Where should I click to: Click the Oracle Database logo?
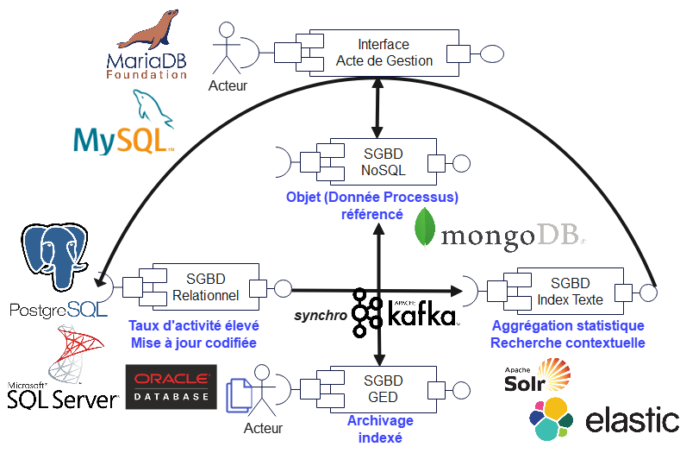pos(171,387)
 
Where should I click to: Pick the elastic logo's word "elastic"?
pos(631,421)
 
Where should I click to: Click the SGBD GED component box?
pos(382,389)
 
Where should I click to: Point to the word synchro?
pos(321,316)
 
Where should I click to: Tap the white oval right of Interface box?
pos(492,53)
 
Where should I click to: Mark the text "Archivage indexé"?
pos(380,429)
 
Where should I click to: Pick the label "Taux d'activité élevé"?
pos(194,326)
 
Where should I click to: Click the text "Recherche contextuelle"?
pos(568,343)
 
